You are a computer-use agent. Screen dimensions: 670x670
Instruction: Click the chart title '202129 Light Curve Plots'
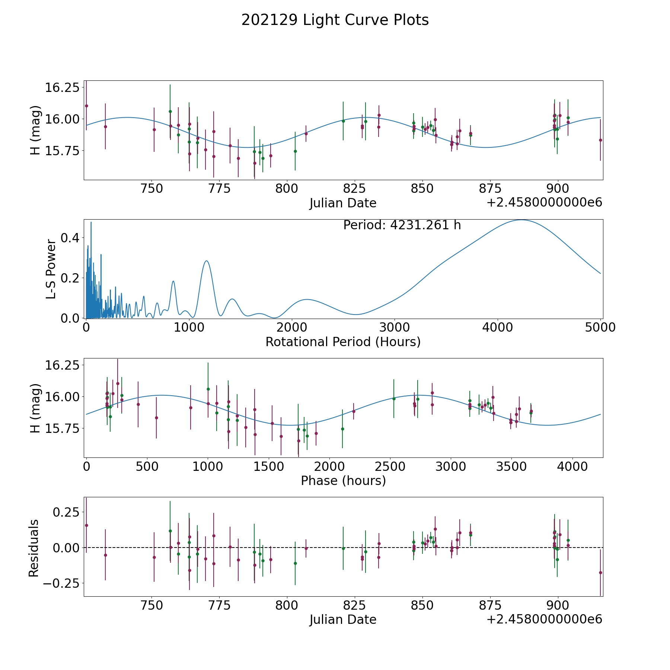tap(335, 20)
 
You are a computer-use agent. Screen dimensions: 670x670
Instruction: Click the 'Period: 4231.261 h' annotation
tap(402, 225)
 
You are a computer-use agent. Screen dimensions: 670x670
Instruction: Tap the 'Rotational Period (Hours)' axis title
tap(343, 342)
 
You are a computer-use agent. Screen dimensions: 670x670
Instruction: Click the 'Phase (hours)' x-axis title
tap(343, 481)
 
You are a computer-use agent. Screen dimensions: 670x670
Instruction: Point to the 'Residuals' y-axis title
tap(34, 548)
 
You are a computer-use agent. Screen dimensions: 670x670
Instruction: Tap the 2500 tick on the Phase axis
tap(390, 467)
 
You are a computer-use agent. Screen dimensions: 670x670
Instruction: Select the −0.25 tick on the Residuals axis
tap(61, 583)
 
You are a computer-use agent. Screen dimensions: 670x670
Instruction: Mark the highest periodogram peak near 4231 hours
tap(521, 220)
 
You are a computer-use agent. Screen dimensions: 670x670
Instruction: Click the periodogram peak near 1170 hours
tap(207, 261)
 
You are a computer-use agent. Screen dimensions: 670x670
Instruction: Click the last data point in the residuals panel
tap(600, 572)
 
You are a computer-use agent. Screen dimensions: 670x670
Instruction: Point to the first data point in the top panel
tap(86, 106)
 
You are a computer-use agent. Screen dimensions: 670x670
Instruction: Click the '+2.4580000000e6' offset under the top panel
tap(544, 202)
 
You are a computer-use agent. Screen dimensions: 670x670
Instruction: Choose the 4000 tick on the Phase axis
tap(572, 467)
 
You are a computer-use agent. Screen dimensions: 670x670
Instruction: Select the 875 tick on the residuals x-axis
tap(490, 606)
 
